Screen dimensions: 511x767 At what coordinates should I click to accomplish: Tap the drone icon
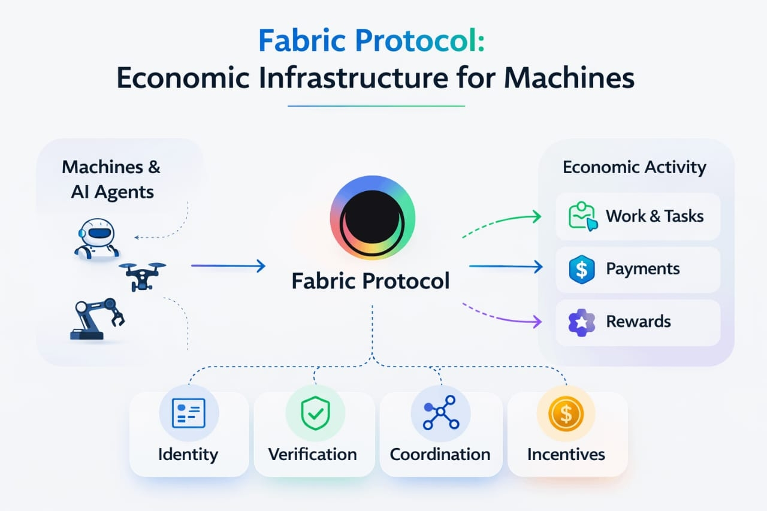(x=143, y=274)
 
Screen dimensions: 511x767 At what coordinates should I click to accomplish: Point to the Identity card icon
(x=189, y=413)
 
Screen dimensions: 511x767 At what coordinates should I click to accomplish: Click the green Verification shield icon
(x=315, y=413)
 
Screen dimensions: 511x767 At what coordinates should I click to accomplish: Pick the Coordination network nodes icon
(x=440, y=413)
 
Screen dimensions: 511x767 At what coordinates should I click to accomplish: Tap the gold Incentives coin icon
(x=566, y=413)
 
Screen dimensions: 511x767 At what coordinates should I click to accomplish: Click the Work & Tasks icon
(x=582, y=217)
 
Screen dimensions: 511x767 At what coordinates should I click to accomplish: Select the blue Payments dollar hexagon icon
(x=581, y=269)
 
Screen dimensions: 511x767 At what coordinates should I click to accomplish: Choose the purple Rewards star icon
(x=581, y=322)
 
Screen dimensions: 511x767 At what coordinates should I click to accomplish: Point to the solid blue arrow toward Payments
(x=506, y=267)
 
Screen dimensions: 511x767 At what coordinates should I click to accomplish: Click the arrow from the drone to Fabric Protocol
(x=228, y=266)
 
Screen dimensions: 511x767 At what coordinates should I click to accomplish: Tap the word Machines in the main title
(x=569, y=79)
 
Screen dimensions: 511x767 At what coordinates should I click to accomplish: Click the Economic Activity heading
(x=634, y=167)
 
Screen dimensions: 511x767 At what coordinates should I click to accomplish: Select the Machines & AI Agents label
(x=111, y=179)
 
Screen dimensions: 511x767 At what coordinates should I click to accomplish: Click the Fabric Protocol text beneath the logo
(x=370, y=280)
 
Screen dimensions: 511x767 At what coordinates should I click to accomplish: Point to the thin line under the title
(x=376, y=106)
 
